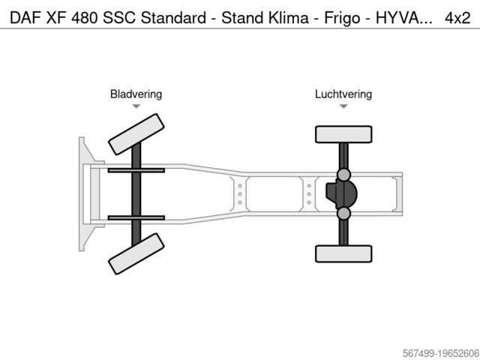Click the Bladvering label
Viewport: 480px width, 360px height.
(x=136, y=94)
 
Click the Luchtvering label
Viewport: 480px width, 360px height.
(x=343, y=94)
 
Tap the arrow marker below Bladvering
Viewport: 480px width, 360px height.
(x=136, y=107)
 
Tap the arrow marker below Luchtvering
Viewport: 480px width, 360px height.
(x=343, y=107)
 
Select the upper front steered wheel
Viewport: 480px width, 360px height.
(x=136, y=133)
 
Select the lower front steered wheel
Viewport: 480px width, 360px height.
(x=136, y=253)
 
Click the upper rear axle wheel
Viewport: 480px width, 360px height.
(x=343, y=134)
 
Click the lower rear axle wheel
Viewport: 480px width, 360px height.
(x=343, y=253)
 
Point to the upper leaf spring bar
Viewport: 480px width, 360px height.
(x=136, y=170)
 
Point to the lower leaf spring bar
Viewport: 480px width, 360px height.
(x=136, y=217)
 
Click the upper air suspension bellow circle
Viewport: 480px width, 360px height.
(x=343, y=175)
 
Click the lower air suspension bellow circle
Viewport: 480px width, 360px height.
(x=343, y=214)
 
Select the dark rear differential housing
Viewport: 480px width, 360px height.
(x=340, y=194)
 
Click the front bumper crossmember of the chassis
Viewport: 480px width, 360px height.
(x=82, y=193)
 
